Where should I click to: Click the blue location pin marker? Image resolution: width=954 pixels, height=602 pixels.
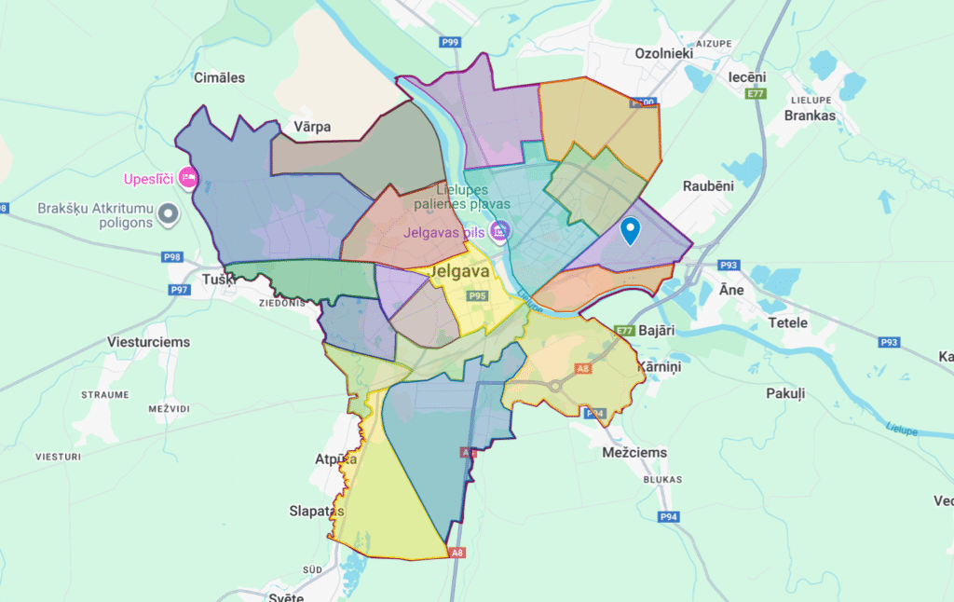pos(631,230)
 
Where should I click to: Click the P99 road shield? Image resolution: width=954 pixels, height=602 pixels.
pos(451,42)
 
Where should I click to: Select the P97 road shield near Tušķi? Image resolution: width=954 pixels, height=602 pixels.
pos(179,291)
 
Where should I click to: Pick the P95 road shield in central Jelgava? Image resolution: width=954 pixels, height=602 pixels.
pos(478,295)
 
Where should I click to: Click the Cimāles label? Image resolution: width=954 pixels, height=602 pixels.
pos(219,77)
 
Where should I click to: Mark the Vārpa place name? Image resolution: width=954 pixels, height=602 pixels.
pos(312,127)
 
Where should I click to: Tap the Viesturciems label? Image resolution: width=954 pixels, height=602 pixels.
pos(148,342)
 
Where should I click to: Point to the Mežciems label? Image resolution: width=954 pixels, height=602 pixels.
pos(634,453)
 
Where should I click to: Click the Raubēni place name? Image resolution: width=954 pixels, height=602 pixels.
pos(709,185)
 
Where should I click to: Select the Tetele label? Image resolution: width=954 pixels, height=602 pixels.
pos(787,322)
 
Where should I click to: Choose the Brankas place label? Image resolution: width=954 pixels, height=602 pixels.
pos(810,116)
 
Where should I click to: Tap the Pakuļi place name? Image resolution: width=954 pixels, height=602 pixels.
pos(784,394)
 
